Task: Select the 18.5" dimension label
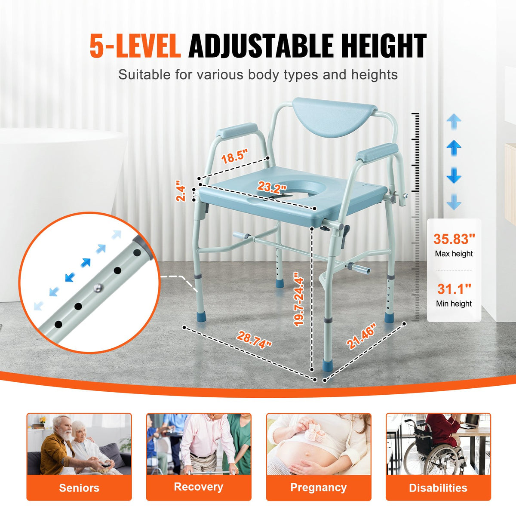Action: [235, 157]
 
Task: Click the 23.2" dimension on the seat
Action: [272, 187]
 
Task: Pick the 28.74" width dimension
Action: [254, 340]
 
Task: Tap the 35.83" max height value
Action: [454, 239]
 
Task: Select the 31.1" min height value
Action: [454, 289]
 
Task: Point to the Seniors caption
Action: [79, 488]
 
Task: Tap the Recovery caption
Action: [199, 487]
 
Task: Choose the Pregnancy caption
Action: [318, 487]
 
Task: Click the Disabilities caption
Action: [438, 488]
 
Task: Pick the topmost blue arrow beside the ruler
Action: [454, 122]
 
